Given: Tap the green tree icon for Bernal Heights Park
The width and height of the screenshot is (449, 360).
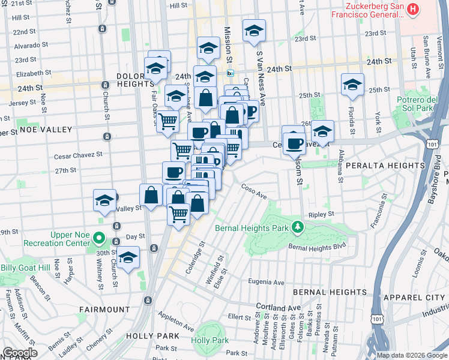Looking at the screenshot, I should click(297, 227).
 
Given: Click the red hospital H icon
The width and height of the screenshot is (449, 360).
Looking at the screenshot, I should click(413, 9).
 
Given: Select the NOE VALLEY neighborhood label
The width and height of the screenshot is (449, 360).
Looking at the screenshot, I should click(37, 129).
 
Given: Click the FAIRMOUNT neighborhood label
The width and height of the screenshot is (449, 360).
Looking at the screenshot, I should click(104, 310).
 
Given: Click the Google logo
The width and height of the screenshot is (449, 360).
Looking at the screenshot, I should click(20, 353).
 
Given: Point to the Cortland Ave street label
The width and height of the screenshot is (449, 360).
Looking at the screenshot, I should click(277, 307).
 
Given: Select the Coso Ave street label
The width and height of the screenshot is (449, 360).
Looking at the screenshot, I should click(254, 194).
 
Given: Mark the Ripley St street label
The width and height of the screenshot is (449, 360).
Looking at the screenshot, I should click(322, 214).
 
